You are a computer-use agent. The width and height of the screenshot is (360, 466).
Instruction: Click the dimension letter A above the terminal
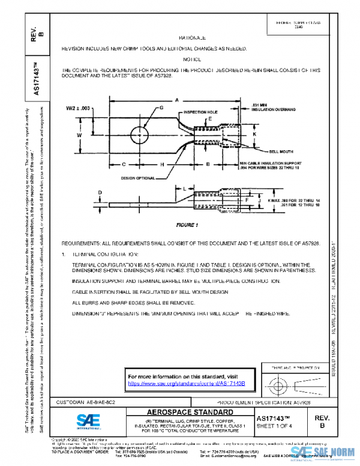point(178,100)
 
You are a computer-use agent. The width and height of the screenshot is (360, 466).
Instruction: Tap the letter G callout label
point(161,107)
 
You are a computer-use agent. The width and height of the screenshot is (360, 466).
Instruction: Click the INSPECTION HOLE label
point(199,112)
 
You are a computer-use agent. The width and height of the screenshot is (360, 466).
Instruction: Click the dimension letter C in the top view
point(123,163)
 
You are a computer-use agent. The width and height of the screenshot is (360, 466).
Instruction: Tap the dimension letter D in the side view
point(100,192)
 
